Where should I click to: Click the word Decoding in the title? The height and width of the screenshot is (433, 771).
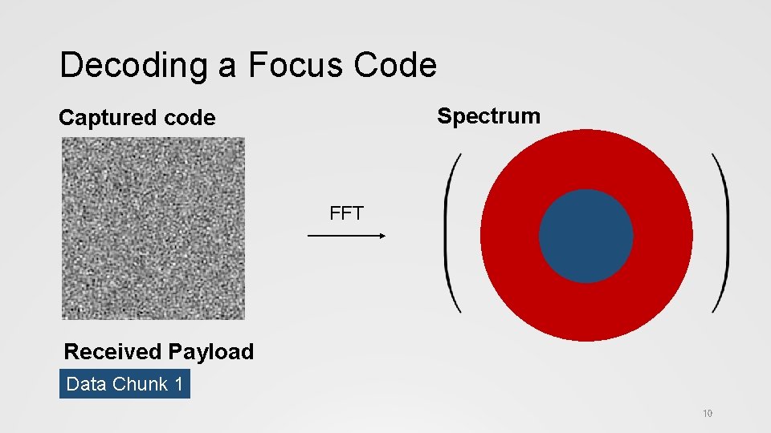133,66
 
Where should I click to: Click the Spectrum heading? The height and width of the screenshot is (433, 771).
488,115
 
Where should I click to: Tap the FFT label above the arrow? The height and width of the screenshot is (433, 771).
346,213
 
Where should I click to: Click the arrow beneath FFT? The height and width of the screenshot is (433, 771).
346,236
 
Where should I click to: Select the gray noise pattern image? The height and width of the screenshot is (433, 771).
153,228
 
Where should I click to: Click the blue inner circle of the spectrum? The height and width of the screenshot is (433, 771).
585,236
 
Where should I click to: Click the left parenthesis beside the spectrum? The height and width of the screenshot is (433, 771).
452,233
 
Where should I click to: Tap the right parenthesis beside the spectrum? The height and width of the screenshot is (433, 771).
720,233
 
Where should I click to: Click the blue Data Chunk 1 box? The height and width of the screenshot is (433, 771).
124,384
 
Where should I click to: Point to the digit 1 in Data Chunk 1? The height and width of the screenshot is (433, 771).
178,384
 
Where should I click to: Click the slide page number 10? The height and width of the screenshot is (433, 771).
707,414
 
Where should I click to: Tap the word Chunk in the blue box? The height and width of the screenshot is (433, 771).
141,384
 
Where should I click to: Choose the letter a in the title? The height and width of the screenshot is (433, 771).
227,67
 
